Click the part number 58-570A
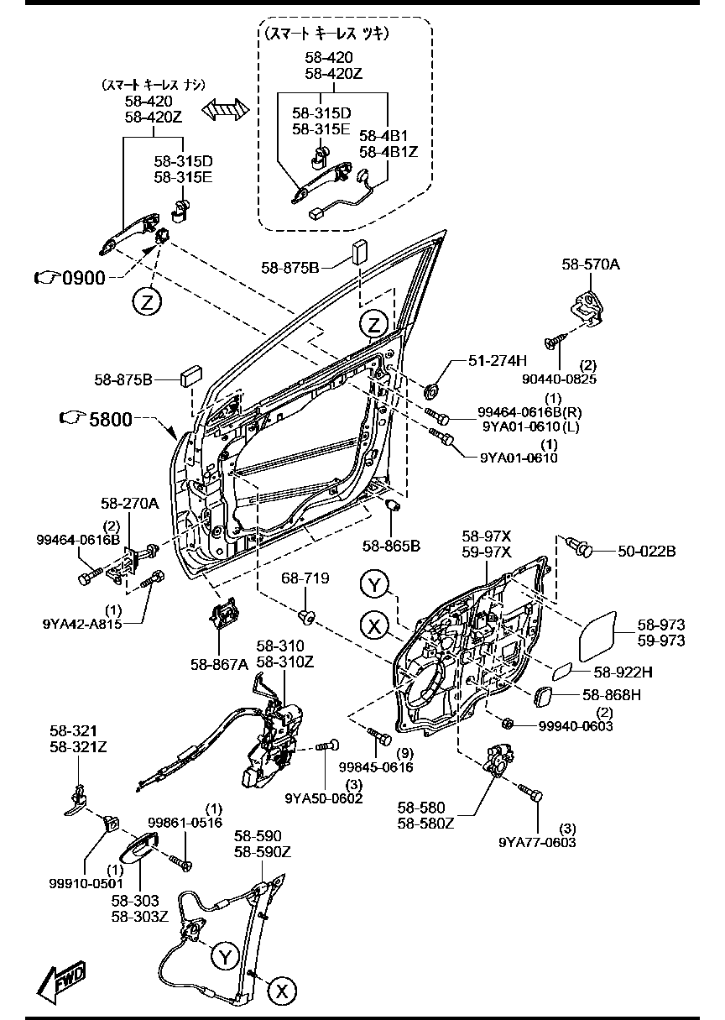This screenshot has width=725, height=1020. pos(590,264)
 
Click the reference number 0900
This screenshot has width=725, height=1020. pos(84,277)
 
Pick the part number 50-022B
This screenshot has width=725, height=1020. pos(647,551)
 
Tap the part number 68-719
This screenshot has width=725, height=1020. pos(305,579)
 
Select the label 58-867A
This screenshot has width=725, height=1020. pos(219,664)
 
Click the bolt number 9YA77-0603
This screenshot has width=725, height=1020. pos(537,842)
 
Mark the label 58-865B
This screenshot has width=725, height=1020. pos(391,546)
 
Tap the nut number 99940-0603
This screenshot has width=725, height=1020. pos(576,725)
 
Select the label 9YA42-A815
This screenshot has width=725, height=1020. pos(82,624)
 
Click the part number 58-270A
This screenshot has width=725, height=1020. pos(129,504)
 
